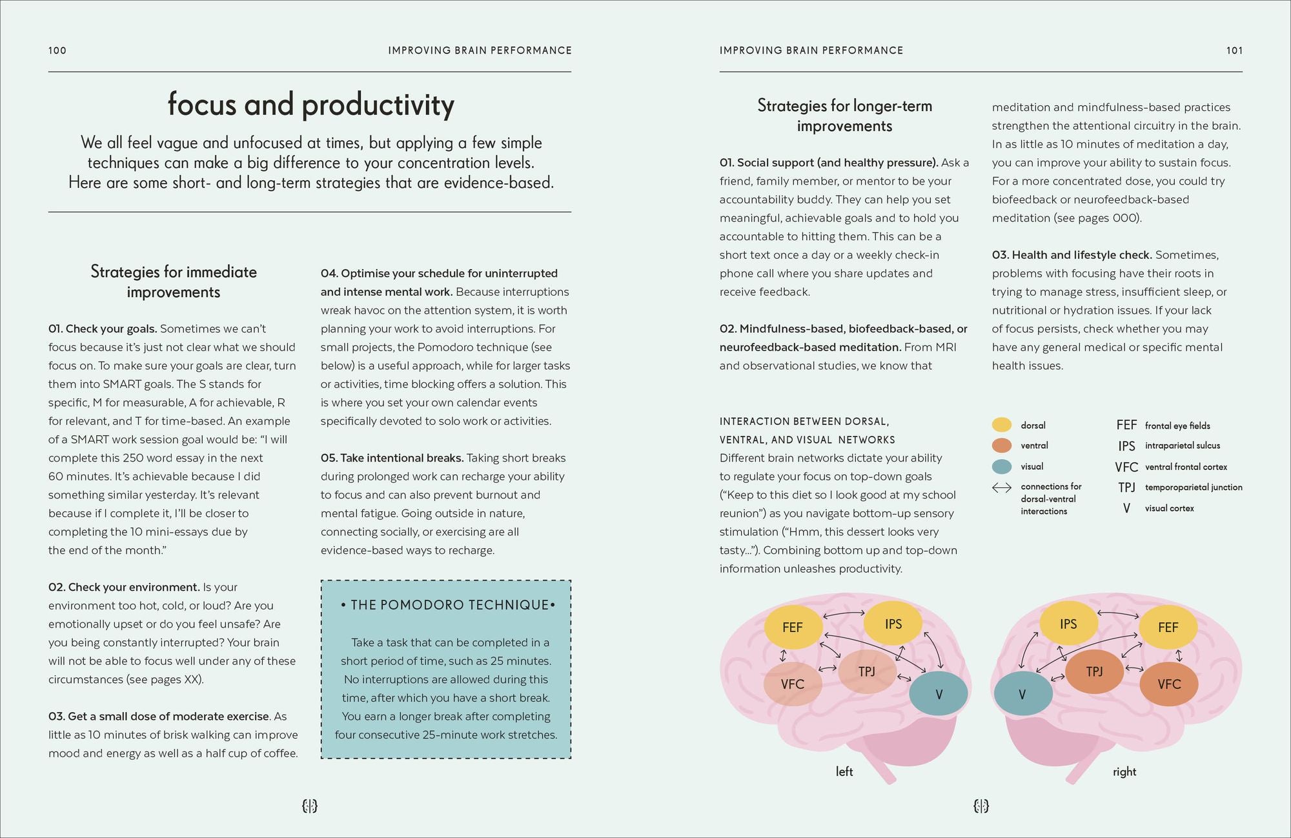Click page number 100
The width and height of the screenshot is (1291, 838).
(x=57, y=50)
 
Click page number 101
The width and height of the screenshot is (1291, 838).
(x=1234, y=50)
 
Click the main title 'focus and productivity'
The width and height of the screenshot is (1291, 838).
(x=310, y=105)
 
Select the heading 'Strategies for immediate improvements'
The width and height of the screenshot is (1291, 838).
(x=174, y=281)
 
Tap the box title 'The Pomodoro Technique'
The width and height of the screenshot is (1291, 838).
(x=446, y=605)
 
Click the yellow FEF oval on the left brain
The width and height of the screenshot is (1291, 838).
(x=793, y=627)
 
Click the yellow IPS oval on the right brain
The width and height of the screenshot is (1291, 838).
(x=1068, y=624)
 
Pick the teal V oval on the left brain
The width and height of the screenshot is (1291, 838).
(x=939, y=694)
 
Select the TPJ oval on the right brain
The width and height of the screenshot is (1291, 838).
(x=1094, y=671)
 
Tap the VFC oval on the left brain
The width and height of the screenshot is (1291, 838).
(x=792, y=684)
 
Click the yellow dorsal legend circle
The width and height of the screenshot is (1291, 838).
(x=1001, y=425)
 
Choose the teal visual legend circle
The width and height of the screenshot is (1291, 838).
(x=1001, y=466)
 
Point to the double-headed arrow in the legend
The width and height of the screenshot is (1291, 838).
(x=1002, y=488)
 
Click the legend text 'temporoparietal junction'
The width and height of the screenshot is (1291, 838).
(x=1194, y=487)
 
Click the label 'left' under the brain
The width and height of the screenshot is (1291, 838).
(x=844, y=772)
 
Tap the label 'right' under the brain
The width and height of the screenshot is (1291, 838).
(x=1124, y=772)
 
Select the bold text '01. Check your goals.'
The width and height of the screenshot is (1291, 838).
(x=103, y=329)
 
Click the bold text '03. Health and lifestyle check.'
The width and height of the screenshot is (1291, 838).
(x=1072, y=255)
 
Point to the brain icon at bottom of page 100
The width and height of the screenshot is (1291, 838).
(x=310, y=806)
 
